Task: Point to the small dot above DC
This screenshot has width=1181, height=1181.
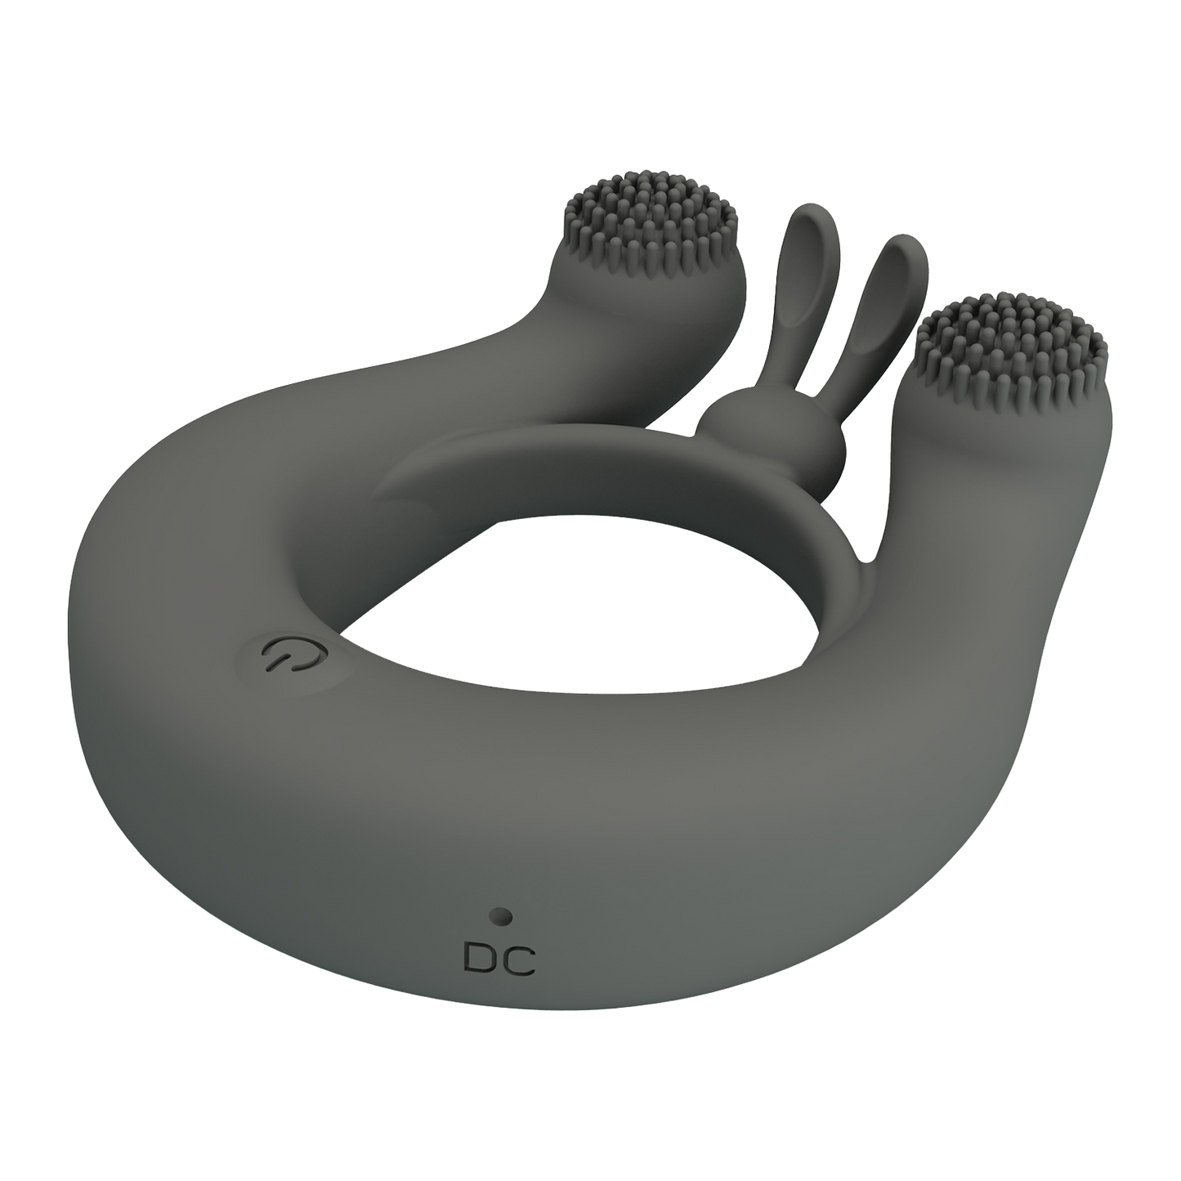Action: (502, 918)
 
